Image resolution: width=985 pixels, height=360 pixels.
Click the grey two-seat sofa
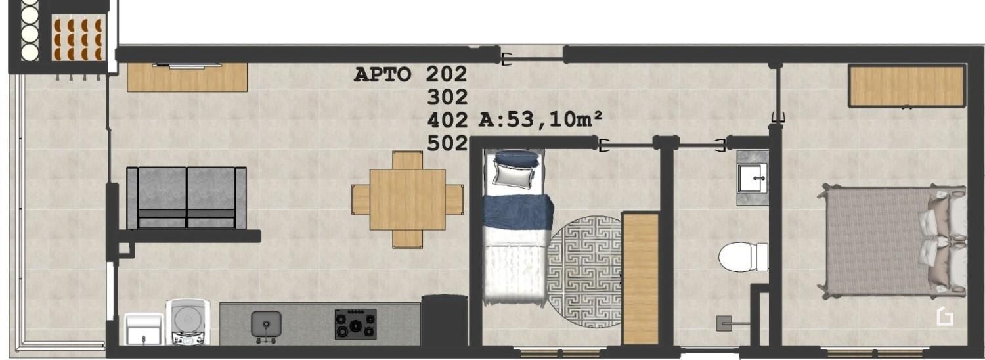pos(186,198)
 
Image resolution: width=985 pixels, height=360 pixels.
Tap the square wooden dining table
pos(407,199)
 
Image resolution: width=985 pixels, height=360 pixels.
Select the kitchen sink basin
pos(266,323)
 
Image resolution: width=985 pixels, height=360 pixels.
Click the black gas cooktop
pos(355,324)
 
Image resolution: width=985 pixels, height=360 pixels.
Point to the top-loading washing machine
pos(188,322)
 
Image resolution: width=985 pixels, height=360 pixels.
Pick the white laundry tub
pos(144,328)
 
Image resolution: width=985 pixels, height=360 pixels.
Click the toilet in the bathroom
pos(743,257)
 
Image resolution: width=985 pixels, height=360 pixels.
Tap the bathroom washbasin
pos(753,178)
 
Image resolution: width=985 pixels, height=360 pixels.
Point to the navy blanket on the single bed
pos(518,212)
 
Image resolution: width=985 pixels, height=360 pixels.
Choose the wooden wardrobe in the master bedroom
pos(907,86)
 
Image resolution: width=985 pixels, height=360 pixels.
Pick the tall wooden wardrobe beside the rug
pos(641,278)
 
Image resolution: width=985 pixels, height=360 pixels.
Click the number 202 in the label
pos(446,74)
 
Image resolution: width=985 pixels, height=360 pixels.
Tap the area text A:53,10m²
pos(540,120)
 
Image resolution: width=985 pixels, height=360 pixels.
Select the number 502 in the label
pos(447,143)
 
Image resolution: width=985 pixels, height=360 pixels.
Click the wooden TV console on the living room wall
pos(187,78)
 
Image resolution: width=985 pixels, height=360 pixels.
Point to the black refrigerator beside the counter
pos(444,321)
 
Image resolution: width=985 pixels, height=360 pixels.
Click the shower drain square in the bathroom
pos(724,323)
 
